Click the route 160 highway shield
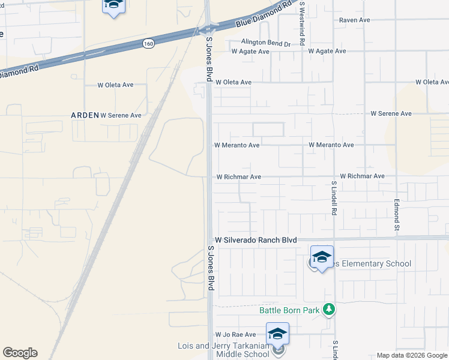pyautogui.click(x=149, y=43)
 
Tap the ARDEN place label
pyautogui.click(x=85, y=115)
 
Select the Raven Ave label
pyautogui.click(x=354, y=20)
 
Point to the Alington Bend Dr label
pyautogui.click(x=265, y=43)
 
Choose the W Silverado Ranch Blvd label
pyautogui.click(x=256, y=239)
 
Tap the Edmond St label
pyautogui.click(x=397, y=214)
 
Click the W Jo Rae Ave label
pyautogui.click(x=235, y=334)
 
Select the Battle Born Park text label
pyautogui.click(x=289, y=310)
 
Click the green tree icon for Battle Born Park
pyautogui.click(x=328, y=310)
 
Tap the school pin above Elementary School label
pyautogui.click(x=322, y=257)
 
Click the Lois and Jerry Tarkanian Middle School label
pyautogui.click(x=223, y=350)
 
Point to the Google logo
pyautogui.click(x=20, y=353)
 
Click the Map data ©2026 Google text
pyautogui.click(x=411, y=355)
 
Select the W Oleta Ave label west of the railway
pyautogui.click(x=115, y=85)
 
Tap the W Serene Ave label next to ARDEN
pyautogui.click(x=121, y=115)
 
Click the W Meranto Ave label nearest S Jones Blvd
pyautogui.click(x=237, y=145)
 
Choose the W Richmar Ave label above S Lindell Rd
pyautogui.click(x=362, y=176)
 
